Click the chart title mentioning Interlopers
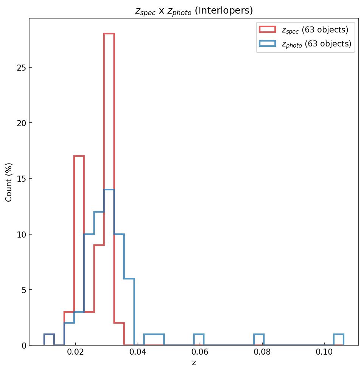(194, 11)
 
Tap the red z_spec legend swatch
(267, 29)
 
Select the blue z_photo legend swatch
(267, 44)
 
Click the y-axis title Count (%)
(9, 182)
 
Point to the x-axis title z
(194, 363)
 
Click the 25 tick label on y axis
(21, 68)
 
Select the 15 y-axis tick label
(21, 179)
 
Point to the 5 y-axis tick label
(23, 290)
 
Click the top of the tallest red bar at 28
(109, 34)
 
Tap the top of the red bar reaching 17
(79, 156)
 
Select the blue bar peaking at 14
(109, 190)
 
